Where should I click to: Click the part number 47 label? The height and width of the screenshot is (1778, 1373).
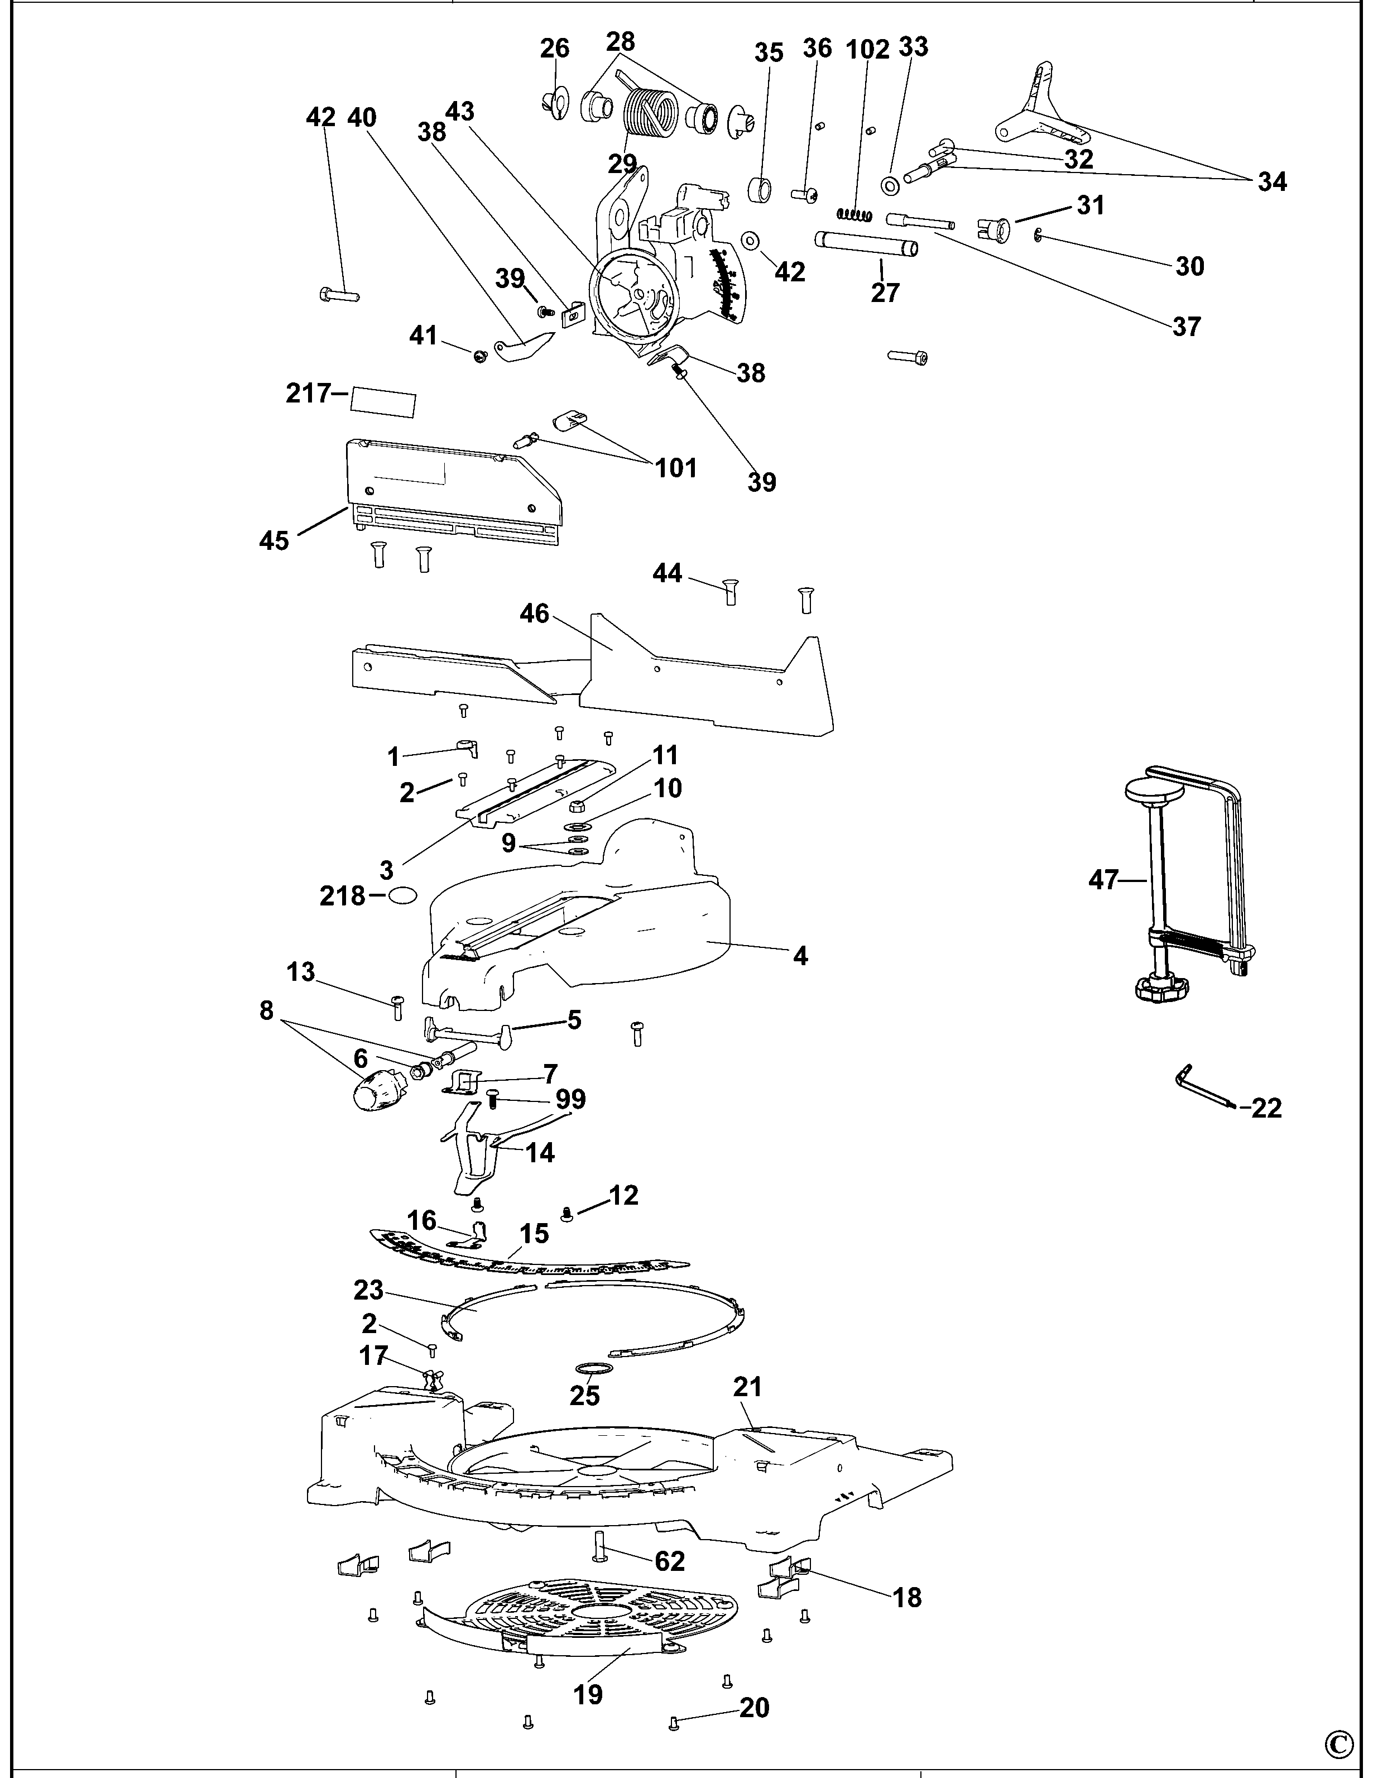tap(1103, 880)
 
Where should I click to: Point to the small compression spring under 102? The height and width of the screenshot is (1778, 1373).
tap(854, 215)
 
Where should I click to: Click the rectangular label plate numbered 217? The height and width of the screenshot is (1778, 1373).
tap(382, 401)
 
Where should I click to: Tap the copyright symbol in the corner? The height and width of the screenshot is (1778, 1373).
tap(1339, 1744)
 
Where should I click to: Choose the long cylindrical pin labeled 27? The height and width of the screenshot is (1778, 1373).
tap(866, 245)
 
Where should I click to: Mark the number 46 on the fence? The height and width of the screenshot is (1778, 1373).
tap(535, 613)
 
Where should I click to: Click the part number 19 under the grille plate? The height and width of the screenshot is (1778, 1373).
tap(588, 1695)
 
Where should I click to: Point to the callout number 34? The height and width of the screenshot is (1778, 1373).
tap(1271, 181)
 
